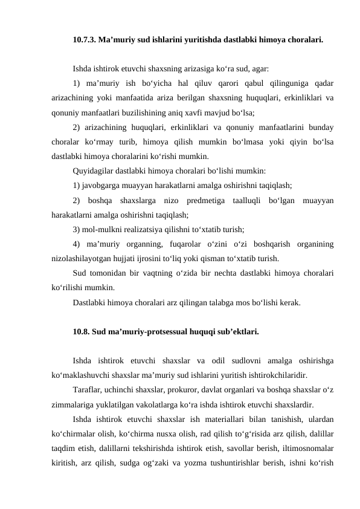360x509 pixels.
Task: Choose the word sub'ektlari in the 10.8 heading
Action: (240, 331)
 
